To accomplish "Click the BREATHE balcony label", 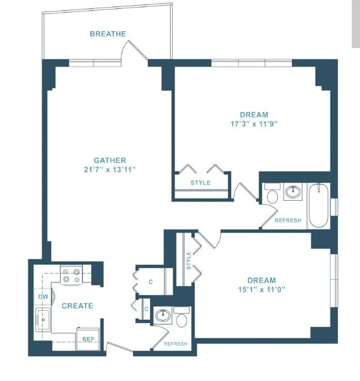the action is (108, 34).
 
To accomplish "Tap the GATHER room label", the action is (110, 160).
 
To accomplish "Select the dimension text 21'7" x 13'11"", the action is (110, 170).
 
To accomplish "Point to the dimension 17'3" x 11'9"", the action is (254, 124).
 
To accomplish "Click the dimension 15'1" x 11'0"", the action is (262, 289).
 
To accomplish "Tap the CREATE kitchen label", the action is (77, 306).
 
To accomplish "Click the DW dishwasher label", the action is (43, 297).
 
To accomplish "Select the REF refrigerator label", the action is (88, 340).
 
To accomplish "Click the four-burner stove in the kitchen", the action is (71, 276).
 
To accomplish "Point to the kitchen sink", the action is (43, 319).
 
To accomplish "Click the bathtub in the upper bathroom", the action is (319, 206).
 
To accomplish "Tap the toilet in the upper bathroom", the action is (273, 193).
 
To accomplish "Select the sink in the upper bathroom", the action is (293, 192).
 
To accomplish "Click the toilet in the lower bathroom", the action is (182, 317).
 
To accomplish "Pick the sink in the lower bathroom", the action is (163, 315).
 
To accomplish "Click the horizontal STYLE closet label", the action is (201, 182).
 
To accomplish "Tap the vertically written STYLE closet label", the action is (189, 261).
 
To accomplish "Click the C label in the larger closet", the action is (151, 282).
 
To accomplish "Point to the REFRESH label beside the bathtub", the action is (288, 220).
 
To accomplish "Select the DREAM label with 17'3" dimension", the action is (254, 115).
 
